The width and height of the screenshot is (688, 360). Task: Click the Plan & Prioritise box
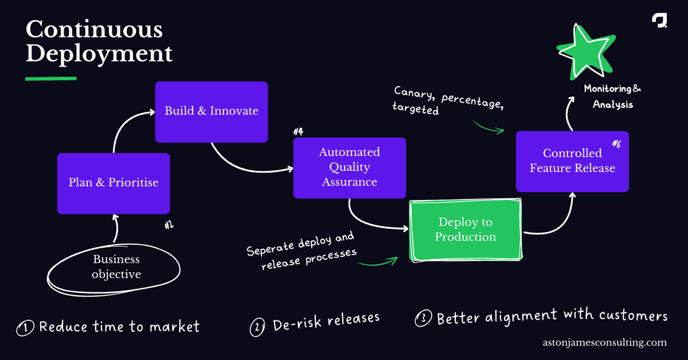[x=114, y=183]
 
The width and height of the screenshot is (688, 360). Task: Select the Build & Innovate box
[x=212, y=111]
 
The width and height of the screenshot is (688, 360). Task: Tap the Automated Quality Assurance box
[x=349, y=167]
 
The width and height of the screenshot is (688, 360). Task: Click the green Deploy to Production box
[x=465, y=229]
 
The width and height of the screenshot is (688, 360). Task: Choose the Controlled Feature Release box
[x=572, y=161]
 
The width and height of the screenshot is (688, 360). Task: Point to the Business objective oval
[x=116, y=267]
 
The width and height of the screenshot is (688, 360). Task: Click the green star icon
[x=583, y=53]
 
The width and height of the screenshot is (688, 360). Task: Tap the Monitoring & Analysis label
[x=612, y=97]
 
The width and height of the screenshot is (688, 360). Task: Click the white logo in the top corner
[x=659, y=20]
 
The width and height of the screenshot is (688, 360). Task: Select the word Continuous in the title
[x=93, y=30]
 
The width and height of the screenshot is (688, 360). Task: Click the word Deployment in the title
[x=99, y=54]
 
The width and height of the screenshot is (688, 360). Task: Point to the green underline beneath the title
[x=50, y=78]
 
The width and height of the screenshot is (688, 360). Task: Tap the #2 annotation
[x=169, y=225]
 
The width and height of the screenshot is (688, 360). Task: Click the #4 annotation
[x=298, y=132]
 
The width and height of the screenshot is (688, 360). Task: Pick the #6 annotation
[x=616, y=144]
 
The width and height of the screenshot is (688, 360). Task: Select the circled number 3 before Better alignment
[x=423, y=319]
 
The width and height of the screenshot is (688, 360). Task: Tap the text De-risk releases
[x=326, y=322]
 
